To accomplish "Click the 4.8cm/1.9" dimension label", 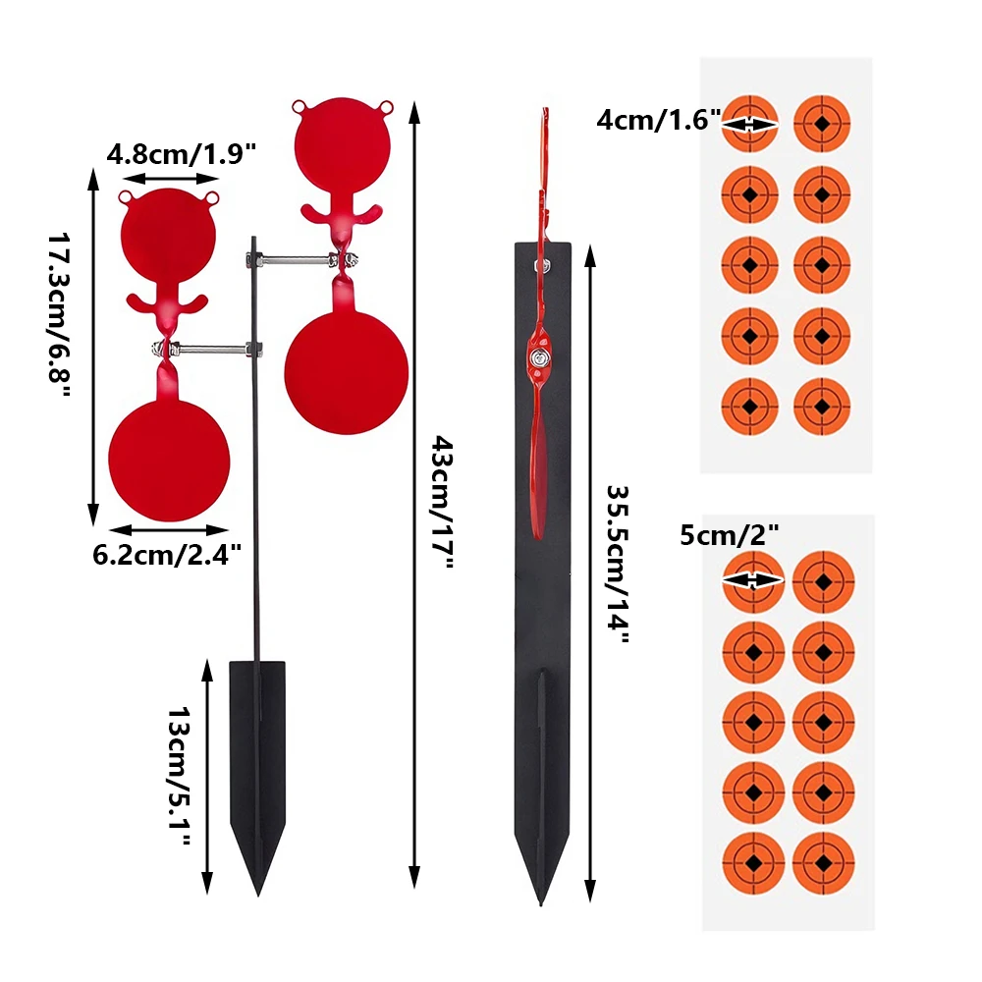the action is tap(181, 153).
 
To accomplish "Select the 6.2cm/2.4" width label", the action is tap(167, 555).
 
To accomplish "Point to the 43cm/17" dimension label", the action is tap(442, 502).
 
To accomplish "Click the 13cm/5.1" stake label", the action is tap(179, 777).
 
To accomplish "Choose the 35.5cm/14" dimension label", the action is tap(617, 565).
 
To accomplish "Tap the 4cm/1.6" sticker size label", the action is tap(659, 120).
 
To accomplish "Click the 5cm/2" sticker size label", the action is tap(730, 535).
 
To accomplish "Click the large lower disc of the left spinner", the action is tap(169, 461).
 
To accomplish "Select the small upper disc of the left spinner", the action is tap(169, 235).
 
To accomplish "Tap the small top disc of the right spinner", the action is tap(343, 144).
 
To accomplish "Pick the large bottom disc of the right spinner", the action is tap(347, 373).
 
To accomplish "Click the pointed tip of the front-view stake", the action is tap(257, 896).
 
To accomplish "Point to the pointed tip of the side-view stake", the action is tap(541, 903).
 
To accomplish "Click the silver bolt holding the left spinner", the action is tap(207, 349).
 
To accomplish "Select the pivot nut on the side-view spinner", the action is tap(538, 358).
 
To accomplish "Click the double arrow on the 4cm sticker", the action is tap(749, 125).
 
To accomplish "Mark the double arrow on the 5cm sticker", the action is tap(753, 580).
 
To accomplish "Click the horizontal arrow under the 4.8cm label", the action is tap(169, 179).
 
